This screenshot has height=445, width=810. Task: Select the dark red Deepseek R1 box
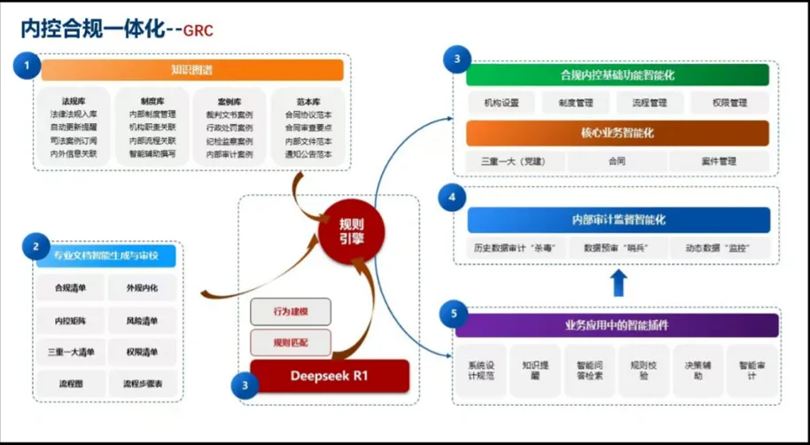[x=329, y=376]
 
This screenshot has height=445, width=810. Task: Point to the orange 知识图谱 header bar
[x=191, y=70]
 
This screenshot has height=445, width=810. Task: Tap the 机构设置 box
[x=502, y=103]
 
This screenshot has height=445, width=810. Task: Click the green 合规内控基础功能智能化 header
[x=617, y=75]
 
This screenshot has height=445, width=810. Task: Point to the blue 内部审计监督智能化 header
[x=618, y=219]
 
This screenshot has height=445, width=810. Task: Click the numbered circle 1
[x=27, y=65]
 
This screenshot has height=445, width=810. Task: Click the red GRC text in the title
[x=198, y=31]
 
